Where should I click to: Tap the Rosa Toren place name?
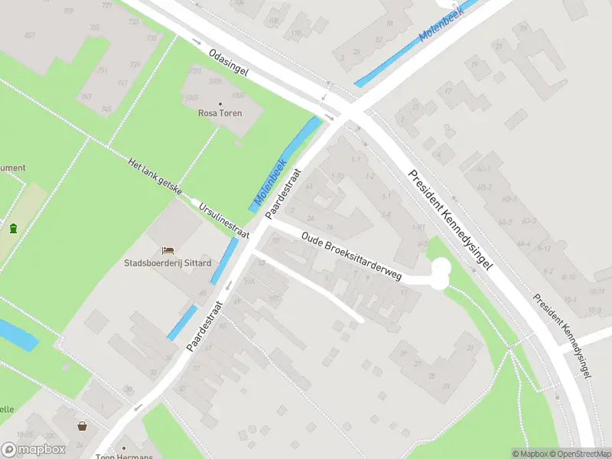[220, 113]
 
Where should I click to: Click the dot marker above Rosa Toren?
[220, 103]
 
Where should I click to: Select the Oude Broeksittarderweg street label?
[351, 257]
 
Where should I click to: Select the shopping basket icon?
[82, 426]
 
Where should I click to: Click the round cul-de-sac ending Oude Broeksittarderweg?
[440, 275]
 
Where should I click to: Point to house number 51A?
[249, 280]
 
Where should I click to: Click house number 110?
[296, 33]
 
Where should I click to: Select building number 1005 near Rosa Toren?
[217, 94]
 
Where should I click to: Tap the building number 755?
[95, 28]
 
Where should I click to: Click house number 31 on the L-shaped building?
[469, 348]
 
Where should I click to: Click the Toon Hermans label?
[125, 457]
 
